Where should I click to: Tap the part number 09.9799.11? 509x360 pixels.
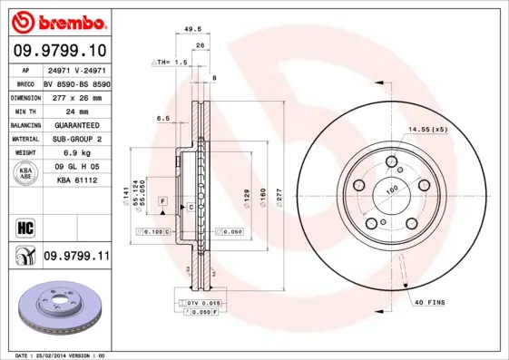76,258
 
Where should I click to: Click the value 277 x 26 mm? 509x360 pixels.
76,96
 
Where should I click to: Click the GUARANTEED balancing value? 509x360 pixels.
76,124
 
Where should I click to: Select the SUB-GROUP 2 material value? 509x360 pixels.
76,139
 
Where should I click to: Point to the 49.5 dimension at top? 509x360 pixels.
192,29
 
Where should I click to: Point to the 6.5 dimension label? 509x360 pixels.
163,118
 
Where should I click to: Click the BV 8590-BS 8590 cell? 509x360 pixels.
76,83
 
